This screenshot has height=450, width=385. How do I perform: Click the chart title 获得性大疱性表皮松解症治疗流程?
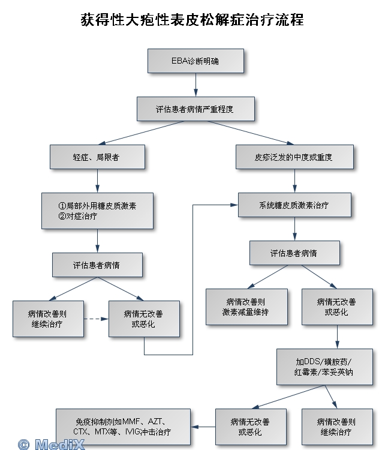192,20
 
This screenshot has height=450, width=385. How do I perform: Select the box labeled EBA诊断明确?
195,61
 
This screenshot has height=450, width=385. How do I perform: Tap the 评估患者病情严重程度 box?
195,110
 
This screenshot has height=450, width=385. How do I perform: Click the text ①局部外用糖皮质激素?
97,205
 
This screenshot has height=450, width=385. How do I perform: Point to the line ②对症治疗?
78,216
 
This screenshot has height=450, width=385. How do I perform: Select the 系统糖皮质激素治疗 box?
294,205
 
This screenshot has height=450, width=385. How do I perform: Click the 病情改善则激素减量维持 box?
246,307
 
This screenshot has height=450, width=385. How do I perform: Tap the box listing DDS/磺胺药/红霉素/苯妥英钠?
324,367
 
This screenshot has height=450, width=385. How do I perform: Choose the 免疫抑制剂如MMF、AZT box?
124,427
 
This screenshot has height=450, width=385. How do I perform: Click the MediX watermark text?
60,444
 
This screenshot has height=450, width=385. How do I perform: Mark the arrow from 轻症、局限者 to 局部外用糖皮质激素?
97,181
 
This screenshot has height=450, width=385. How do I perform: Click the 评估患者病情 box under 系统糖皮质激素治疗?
294,253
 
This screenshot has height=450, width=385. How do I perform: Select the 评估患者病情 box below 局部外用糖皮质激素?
97,265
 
